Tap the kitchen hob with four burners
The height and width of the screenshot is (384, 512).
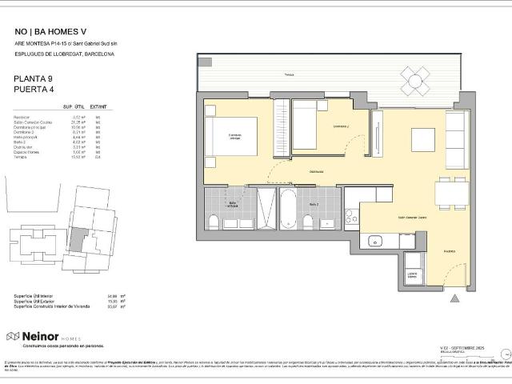[350, 216]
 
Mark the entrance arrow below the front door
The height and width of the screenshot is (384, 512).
[455, 301]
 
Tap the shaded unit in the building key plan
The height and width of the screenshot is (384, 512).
[77, 236]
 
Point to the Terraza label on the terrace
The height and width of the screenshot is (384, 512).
[288, 76]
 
